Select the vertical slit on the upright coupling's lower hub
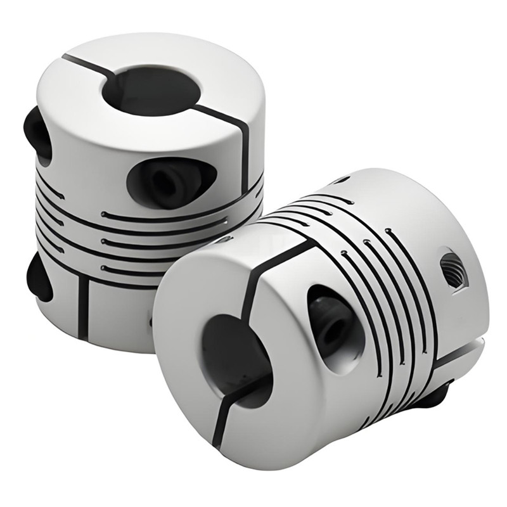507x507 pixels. pyautogui.click(x=83, y=304)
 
